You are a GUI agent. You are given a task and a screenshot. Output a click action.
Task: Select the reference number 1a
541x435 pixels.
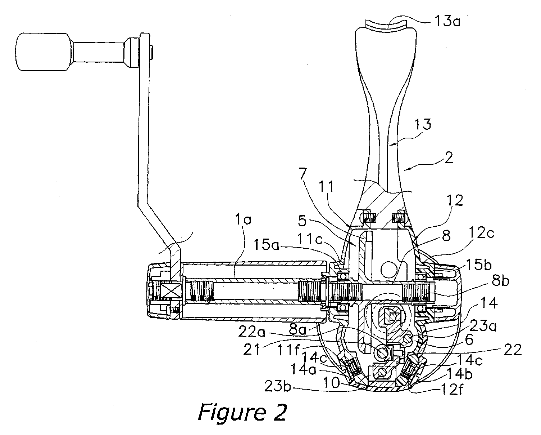pos(243,219)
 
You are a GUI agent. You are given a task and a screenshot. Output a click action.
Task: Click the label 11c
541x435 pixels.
pos(310,239)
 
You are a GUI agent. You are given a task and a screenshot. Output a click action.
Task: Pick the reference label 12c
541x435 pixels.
pos(481,233)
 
